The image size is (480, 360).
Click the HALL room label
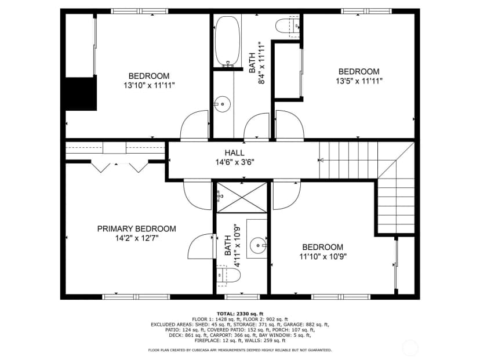(234, 153)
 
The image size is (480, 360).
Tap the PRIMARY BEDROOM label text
(137, 228)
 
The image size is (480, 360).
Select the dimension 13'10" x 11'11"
(149, 85)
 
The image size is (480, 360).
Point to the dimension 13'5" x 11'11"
(359, 81)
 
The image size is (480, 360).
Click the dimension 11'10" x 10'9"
(323, 257)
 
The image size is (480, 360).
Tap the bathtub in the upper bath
(227, 41)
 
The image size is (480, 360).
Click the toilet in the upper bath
(288, 26)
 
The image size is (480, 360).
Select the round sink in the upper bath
(222, 104)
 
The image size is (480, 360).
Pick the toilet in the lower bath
(228, 275)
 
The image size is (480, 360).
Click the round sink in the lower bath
(258, 245)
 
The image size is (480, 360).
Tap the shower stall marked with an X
(242, 198)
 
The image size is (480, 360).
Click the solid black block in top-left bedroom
(81, 94)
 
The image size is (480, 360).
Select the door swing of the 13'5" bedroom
(290, 125)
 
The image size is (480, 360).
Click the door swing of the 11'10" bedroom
(286, 195)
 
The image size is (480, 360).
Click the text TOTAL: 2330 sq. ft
(240, 314)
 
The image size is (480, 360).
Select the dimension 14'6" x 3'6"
(235, 162)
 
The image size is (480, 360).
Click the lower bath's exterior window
(242, 297)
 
